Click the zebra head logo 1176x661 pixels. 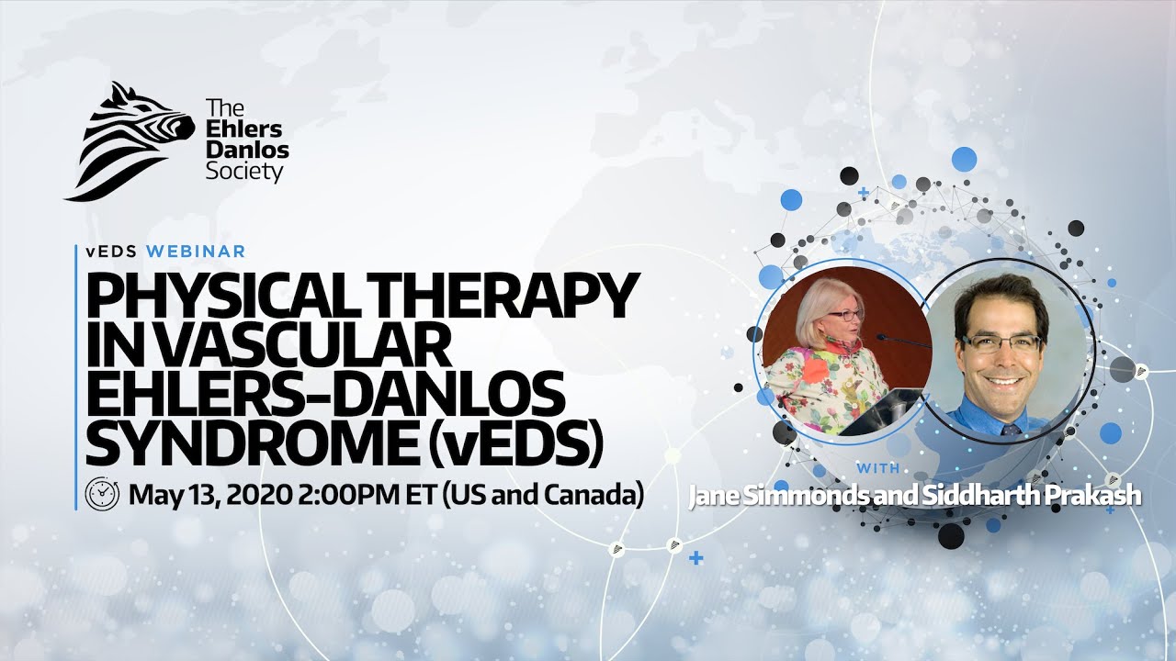(129, 142)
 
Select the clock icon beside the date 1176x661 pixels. (102, 495)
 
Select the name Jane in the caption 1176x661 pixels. (716, 496)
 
